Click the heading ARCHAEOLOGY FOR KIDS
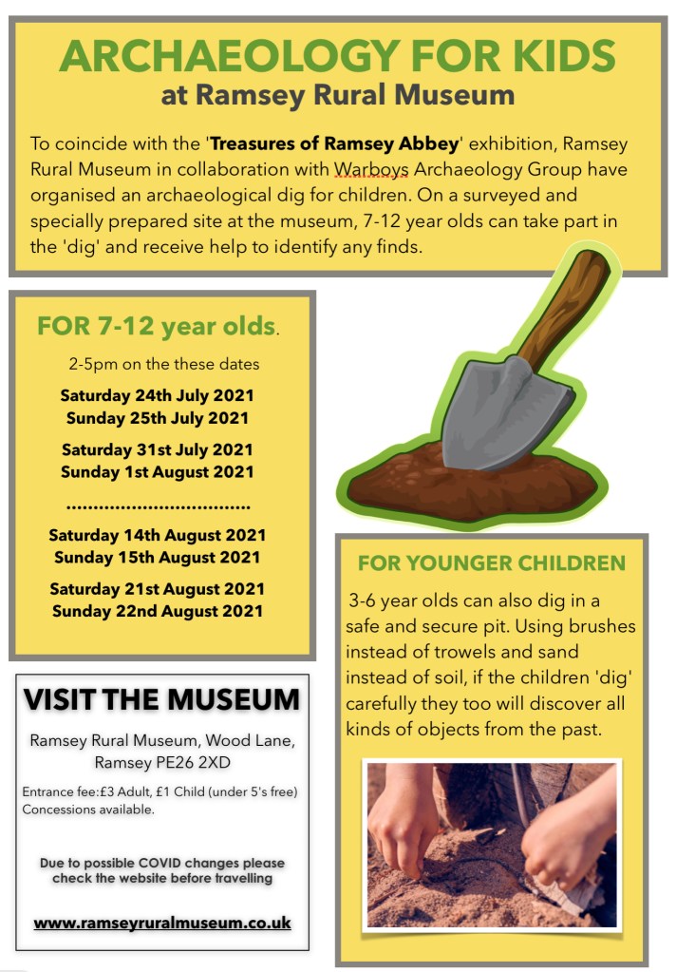click(x=337, y=57)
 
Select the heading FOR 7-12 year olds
click(x=157, y=327)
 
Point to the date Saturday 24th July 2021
click(x=158, y=395)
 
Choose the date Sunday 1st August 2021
click(x=158, y=471)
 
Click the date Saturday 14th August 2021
click(x=158, y=535)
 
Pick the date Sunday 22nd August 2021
click(x=158, y=611)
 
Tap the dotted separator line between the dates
click(x=158, y=505)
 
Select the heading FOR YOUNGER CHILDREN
click(x=491, y=562)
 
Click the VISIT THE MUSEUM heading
click(x=161, y=700)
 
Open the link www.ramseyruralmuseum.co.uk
click(x=162, y=923)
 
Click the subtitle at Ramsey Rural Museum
click(x=337, y=95)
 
